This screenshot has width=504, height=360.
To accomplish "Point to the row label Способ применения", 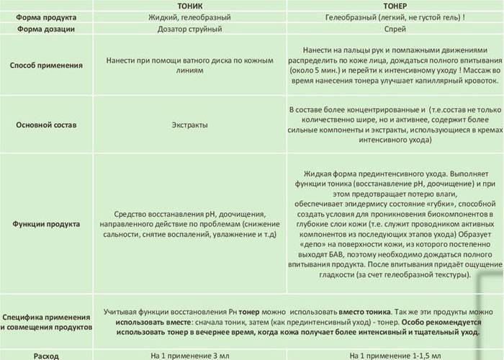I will (x=47, y=66).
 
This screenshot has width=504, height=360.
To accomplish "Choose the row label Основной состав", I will (x=47, y=125).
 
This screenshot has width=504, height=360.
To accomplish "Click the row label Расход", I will (x=47, y=356).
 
